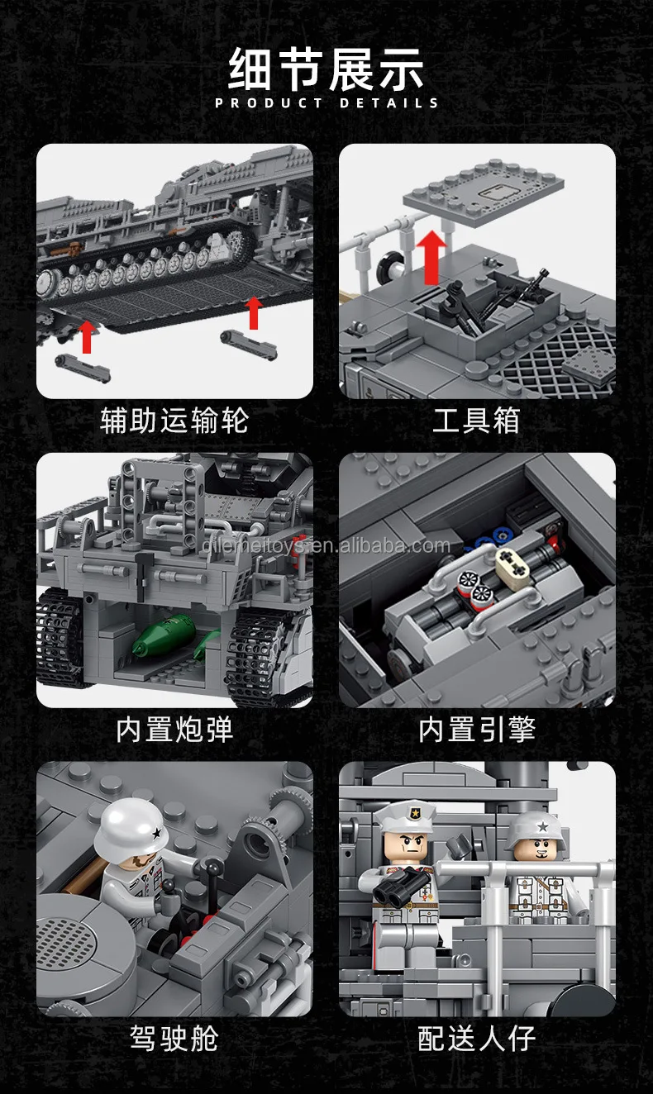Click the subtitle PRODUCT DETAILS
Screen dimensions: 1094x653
326,103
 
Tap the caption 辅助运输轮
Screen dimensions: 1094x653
174,421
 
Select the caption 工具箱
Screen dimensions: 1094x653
476,421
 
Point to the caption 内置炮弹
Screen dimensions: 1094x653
174,730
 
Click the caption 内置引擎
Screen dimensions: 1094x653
476,730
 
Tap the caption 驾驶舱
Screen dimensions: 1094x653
174,1038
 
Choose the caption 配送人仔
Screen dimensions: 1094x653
476,1038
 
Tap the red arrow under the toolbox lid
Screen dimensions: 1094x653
431,257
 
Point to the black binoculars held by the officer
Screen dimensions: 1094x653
393,887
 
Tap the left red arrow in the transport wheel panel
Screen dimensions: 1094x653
87,335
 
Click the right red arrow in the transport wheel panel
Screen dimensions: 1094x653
254,312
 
